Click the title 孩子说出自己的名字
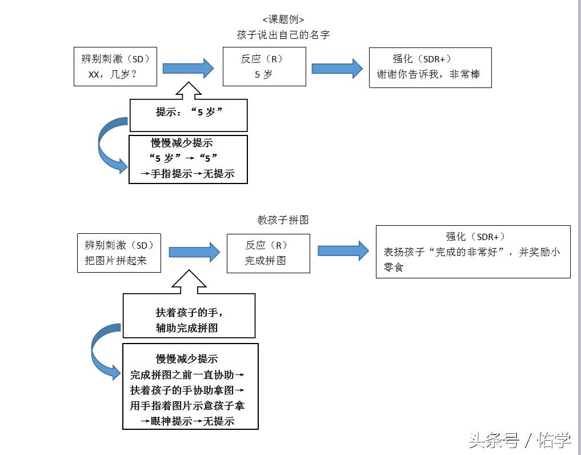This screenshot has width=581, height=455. [283, 35]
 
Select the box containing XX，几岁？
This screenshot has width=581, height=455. [115, 67]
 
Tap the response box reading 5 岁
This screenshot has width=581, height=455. [264, 67]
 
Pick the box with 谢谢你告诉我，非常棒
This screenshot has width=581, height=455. [430, 67]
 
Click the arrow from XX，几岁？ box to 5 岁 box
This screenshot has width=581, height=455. [188, 69]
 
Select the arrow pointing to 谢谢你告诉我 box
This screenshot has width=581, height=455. [337, 69]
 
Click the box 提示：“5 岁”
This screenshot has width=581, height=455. [189, 113]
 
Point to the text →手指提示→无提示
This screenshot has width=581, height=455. [188, 174]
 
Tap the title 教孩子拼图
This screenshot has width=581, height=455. [283, 220]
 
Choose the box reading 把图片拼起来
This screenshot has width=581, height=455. [119, 253]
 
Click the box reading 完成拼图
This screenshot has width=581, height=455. [268, 253]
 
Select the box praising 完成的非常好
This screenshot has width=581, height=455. [472, 252]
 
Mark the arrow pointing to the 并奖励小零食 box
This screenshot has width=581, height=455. [343, 250]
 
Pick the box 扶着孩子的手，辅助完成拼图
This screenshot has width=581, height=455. [189, 320]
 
